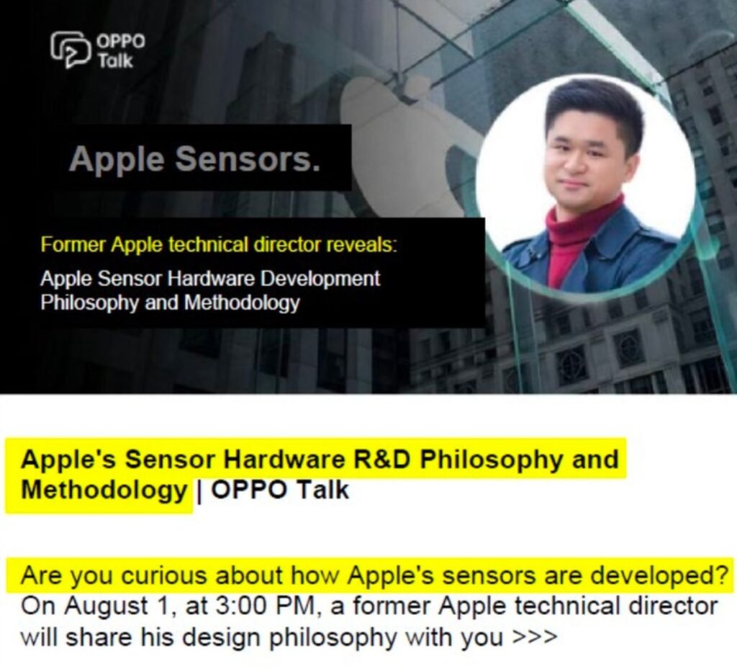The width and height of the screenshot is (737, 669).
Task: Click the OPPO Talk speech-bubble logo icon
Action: pos(71,50)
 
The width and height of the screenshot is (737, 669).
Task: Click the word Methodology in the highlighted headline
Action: pos(104,490)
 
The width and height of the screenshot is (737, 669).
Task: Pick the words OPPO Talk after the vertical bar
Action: pos(281,490)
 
